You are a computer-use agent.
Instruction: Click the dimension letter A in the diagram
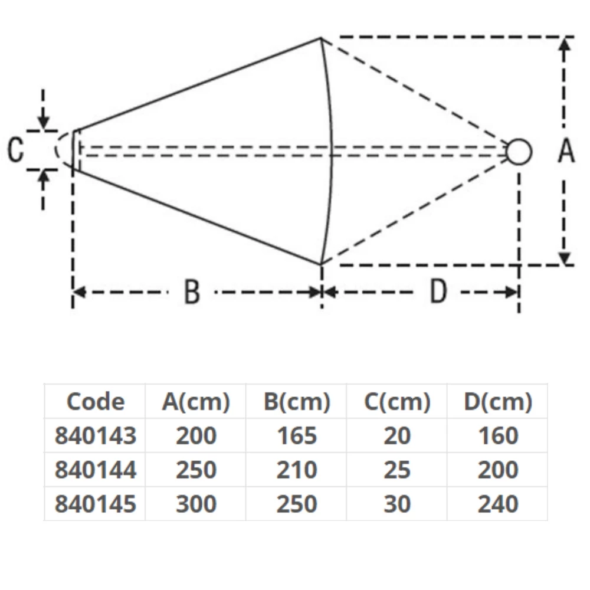pos(566,151)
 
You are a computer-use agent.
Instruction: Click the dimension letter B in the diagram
pos(192,292)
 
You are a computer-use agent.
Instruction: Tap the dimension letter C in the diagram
pos(16,150)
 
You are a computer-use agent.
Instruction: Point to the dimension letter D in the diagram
pos(438,292)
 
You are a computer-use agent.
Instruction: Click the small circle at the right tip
pos(519,152)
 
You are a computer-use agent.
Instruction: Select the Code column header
pos(96,402)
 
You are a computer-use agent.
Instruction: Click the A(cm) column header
pos(196,402)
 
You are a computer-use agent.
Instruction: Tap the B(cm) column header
pos(297,402)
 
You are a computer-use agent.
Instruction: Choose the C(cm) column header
pos(397,402)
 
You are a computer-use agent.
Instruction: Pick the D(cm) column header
pos(498,402)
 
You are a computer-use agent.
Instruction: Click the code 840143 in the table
pos(96,436)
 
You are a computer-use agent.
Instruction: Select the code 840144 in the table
pos(96,470)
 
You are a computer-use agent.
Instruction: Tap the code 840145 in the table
pos(96,504)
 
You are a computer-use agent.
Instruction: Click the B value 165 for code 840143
pos(297,436)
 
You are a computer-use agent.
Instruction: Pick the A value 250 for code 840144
pos(196,470)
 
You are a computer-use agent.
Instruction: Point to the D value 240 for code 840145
pos(498,504)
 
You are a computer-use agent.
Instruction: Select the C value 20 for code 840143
pos(397,436)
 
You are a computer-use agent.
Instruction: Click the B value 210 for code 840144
pos(297,470)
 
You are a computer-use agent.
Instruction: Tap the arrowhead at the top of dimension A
pos(565,46)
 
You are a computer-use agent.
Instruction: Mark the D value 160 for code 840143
pos(498,436)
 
